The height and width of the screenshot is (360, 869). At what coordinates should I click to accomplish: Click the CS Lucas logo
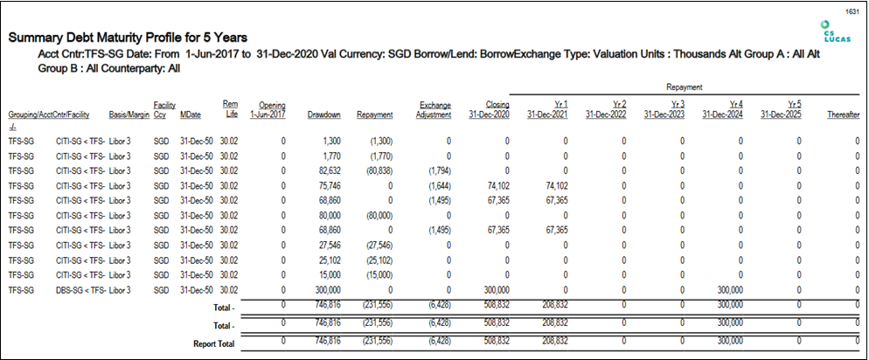tap(832, 31)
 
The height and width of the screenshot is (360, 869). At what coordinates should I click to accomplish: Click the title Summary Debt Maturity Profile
tap(128, 38)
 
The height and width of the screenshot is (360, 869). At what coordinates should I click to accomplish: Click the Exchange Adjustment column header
tap(435, 110)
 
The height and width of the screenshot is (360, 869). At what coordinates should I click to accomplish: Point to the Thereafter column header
tap(843, 114)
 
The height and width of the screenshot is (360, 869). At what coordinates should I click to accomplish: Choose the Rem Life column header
tap(230, 109)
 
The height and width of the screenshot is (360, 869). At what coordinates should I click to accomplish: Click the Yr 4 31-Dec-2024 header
tap(723, 110)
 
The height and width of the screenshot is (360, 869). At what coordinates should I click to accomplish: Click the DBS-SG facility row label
tap(80, 290)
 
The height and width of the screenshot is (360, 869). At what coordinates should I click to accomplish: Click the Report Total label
tap(214, 344)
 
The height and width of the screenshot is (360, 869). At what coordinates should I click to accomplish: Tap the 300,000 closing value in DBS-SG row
tap(495, 290)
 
